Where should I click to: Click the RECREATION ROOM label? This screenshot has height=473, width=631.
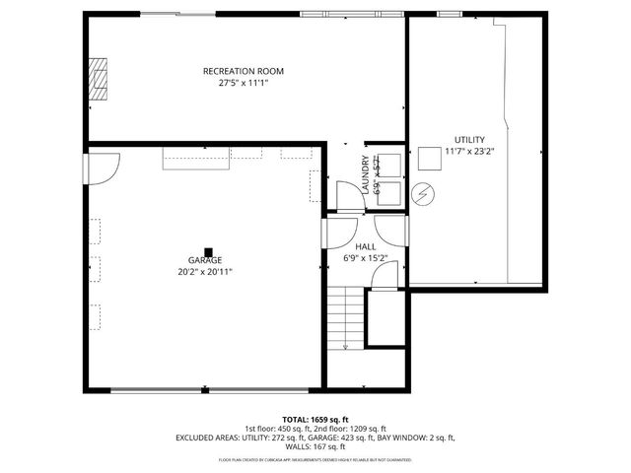coord(244,71)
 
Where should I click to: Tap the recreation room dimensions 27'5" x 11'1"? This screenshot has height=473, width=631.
coord(244,84)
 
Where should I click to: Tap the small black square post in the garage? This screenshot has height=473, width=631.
coord(208,250)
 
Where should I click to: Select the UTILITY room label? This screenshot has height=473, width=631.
coord(469,139)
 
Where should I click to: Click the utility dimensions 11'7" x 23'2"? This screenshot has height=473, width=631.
coord(469,152)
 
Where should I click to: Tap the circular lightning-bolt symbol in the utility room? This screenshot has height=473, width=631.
coord(423,194)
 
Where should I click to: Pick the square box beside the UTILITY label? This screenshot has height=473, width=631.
coord(429,158)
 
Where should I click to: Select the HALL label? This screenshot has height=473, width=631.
coord(365,246)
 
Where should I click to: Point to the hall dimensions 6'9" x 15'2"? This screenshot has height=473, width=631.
coord(365,258)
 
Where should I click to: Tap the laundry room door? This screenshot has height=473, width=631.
coord(350,196)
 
